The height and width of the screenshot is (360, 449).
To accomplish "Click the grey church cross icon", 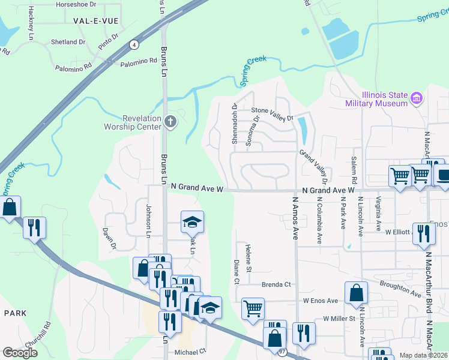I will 170,122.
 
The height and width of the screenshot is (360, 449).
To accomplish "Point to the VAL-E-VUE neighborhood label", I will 95,20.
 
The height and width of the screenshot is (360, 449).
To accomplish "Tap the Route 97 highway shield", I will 282,352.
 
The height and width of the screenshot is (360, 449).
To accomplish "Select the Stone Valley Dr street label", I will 272,111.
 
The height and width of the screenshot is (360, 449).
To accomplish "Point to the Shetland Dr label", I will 68,42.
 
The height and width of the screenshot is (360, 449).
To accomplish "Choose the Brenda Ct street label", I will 276,284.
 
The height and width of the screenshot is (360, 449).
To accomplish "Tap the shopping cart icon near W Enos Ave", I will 253,308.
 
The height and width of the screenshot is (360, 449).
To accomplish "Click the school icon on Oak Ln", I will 193,222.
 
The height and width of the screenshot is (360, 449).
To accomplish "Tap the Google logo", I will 20,352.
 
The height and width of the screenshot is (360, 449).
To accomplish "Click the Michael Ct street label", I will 190,352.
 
